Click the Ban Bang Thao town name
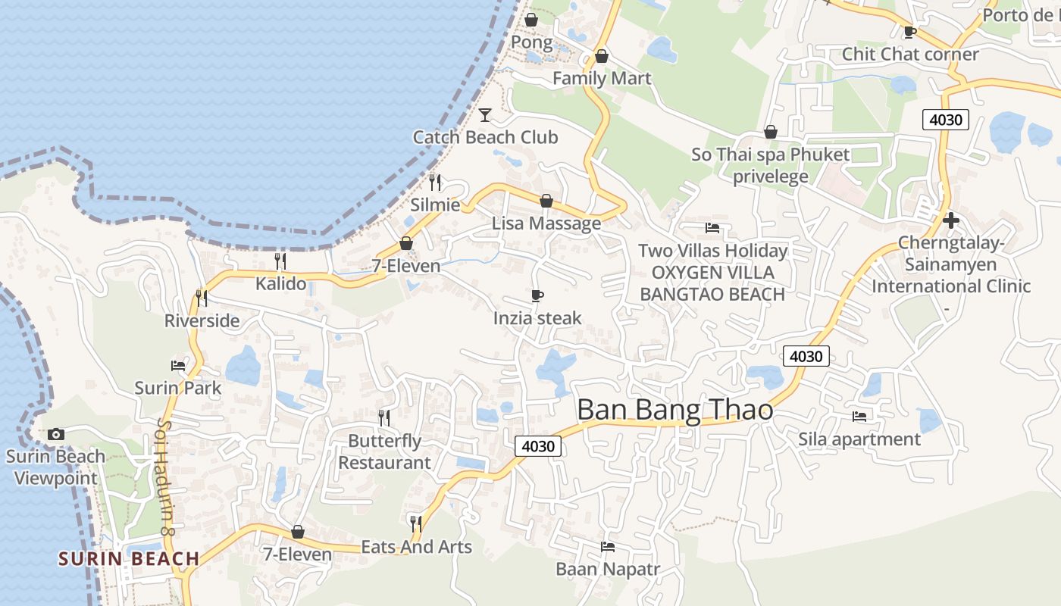[674, 410]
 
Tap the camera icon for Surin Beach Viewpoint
[55, 434]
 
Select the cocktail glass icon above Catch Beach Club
[485, 115]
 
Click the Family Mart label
[602, 78]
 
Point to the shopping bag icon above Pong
[531, 20]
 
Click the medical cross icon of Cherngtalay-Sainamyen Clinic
[951, 220]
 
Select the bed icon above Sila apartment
[859, 416]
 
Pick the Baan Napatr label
[608, 569]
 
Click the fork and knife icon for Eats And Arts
[415, 523]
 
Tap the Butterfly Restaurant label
[384, 451]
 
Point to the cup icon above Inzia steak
[537, 295]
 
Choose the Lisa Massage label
[546, 223]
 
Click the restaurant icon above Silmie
[435, 183]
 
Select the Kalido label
[280, 284]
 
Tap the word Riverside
[202, 320]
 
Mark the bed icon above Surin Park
[178, 365]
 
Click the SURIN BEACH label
[129, 559]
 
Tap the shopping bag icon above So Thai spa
[771, 132]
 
